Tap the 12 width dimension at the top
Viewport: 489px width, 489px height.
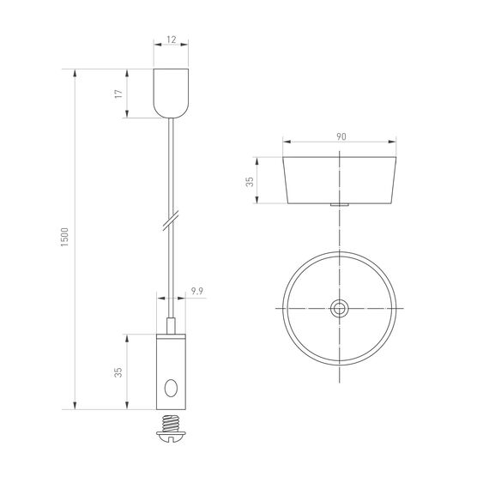pos(171,39)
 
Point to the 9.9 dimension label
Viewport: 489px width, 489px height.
pos(196,292)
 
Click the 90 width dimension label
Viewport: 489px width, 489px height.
pos(341,136)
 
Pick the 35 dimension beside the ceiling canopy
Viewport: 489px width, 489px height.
pos(251,181)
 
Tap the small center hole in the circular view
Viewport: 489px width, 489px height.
pos(341,308)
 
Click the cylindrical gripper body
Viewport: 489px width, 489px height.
pos(171,371)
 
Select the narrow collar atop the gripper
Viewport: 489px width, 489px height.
pos(171,326)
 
